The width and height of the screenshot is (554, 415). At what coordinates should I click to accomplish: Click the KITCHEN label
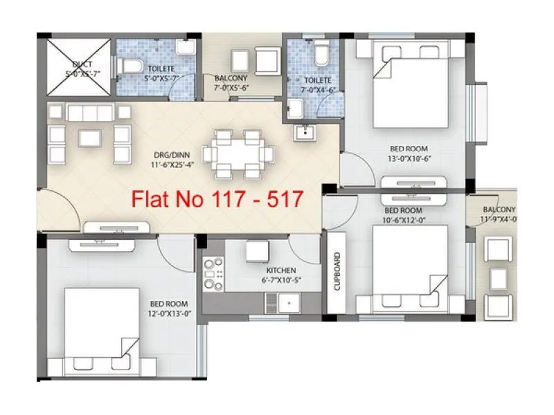[281, 270]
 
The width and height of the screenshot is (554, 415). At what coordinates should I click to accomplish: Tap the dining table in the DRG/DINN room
[237, 153]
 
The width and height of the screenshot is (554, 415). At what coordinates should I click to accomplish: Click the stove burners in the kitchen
[213, 274]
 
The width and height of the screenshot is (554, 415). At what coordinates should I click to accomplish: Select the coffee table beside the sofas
[90, 137]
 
